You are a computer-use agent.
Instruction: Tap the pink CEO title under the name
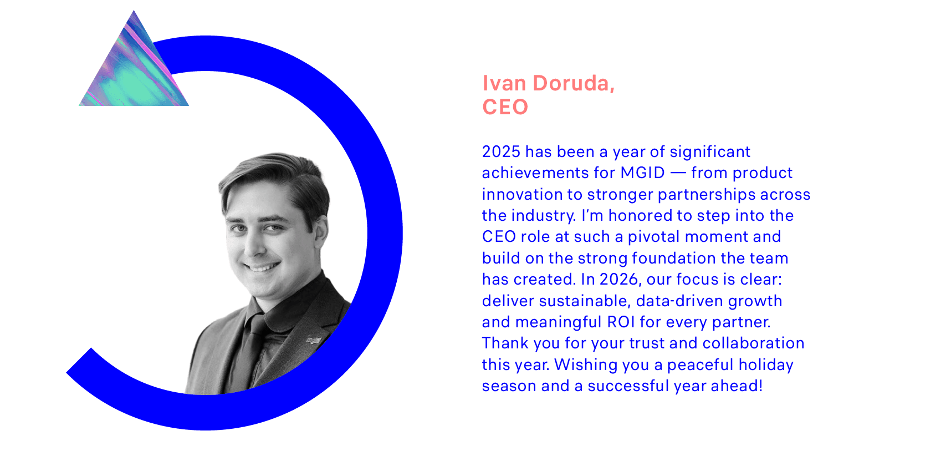click(x=505, y=107)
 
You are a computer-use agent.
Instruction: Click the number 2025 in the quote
click(x=502, y=152)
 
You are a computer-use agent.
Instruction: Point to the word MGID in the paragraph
click(x=642, y=173)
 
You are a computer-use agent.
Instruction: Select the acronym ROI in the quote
click(x=621, y=322)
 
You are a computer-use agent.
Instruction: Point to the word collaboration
click(x=753, y=343)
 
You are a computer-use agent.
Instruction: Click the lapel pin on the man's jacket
click(x=313, y=340)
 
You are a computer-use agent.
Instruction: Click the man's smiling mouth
click(x=263, y=266)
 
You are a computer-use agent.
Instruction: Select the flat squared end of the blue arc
click(x=79, y=360)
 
